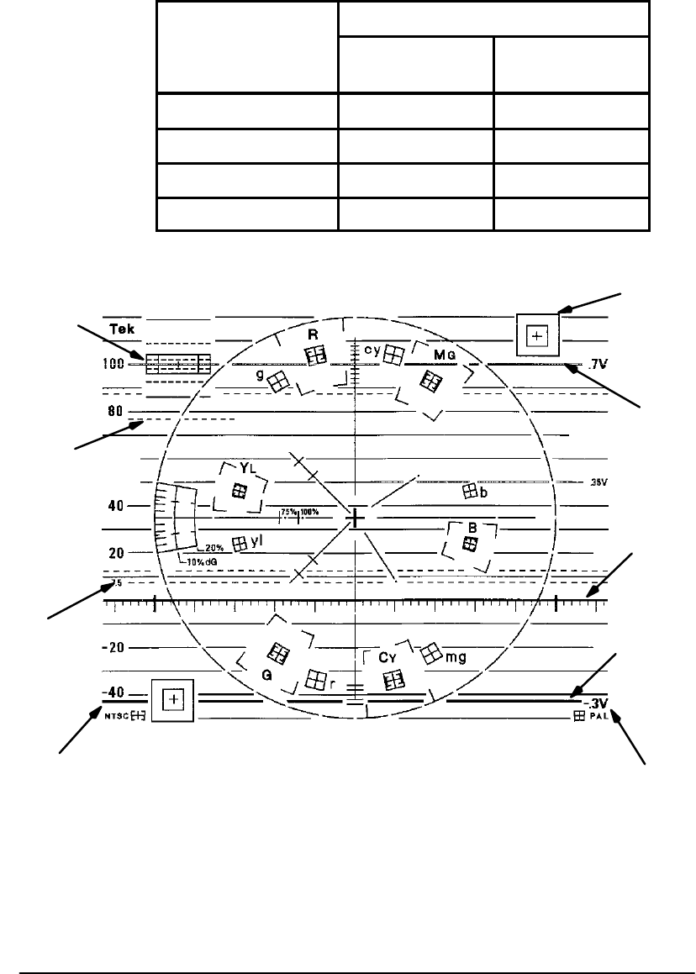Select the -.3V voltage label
click(597, 703)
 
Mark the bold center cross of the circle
click(356, 519)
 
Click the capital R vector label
click(313, 334)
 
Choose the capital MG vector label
click(444, 355)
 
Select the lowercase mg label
click(456, 656)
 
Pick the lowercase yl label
click(256, 543)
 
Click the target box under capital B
click(470, 544)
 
